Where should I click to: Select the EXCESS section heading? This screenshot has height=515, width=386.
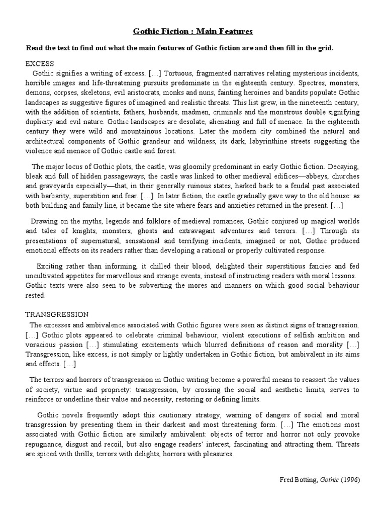tap(40, 64)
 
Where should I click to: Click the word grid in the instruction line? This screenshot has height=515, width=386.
tap(324, 48)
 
